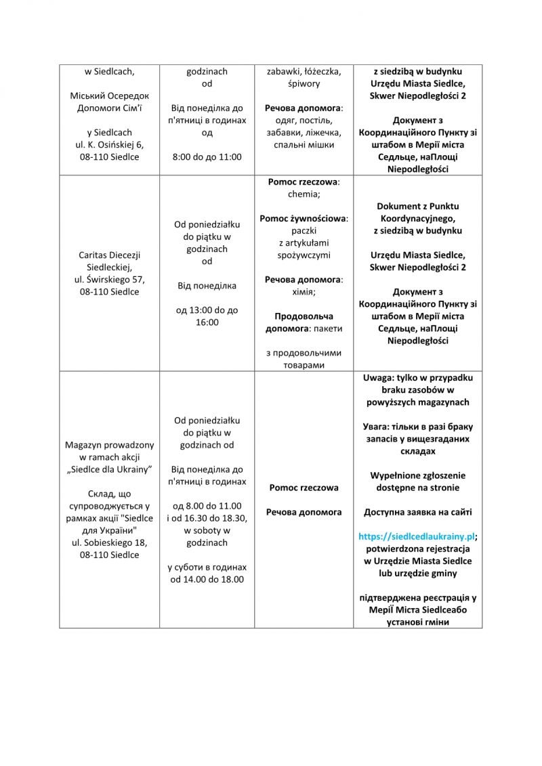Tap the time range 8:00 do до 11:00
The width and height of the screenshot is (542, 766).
click(x=207, y=156)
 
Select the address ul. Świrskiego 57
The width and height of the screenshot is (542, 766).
click(x=109, y=280)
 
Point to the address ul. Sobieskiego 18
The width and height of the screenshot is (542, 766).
click(x=109, y=542)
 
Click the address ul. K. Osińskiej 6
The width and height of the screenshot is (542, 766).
click(x=109, y=144)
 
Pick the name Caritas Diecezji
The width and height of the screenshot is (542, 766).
click(x=109, y=255)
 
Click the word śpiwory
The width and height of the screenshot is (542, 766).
click(x=304, y=83)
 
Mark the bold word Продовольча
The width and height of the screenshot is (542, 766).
click(x=304, y=316)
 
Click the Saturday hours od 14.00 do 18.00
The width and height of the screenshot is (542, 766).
click(x=207, y=579)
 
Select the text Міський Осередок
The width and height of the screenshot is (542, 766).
click(x=109, y=95)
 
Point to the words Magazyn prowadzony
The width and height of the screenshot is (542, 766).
click(x=109, y=445)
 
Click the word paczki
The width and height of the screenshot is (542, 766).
click(x=304, y=230)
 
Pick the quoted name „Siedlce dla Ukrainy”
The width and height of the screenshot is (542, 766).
click(x=109, y=469)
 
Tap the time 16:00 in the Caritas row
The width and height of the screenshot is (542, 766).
click(x=207, y=322)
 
